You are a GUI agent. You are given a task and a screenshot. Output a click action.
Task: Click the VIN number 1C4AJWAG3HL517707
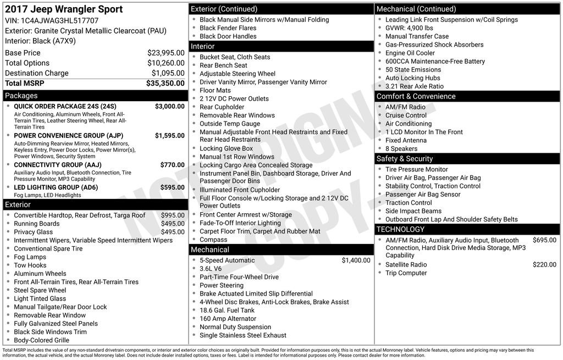[59, 21]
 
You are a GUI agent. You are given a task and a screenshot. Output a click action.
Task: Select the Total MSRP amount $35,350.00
[165, 84]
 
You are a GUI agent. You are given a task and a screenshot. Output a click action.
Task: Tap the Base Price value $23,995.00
[165, 53]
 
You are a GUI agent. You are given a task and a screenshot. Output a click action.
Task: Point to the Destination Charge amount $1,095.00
[168, 73]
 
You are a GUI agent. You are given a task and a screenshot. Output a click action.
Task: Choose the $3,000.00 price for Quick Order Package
[169, 106]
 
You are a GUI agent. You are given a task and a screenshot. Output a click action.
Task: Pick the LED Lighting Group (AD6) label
[56, 187]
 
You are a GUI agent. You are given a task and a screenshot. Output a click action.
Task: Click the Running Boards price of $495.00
[173, 224]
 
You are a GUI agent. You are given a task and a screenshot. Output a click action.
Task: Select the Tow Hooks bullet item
[30, 265]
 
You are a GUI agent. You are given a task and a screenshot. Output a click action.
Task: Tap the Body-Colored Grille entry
[41, 340]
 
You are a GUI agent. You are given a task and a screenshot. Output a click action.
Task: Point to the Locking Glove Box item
[226, 148]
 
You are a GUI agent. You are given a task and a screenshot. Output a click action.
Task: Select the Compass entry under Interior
[213, 240]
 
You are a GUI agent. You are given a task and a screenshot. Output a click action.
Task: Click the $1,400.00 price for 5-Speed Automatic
[356, 261]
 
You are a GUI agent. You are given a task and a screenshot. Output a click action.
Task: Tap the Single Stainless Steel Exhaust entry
[242, 335]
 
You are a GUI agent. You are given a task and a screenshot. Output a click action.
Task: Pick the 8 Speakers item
[401, 148]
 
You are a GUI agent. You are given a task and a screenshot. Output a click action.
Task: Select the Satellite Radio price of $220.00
[544, 264]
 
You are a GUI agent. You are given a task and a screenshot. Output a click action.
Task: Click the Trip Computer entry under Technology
[406, 273]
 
